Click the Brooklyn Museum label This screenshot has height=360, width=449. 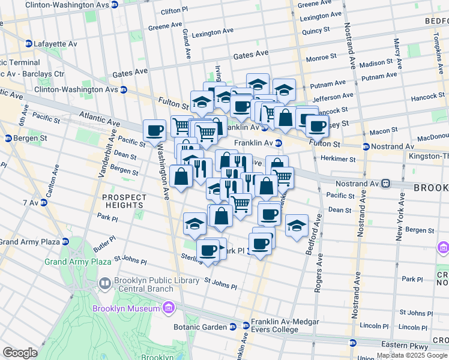point(125,309)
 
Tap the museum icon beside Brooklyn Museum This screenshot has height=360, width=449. point(169,309)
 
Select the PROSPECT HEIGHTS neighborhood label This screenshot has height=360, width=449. point(124,201)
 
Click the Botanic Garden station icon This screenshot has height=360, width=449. point(232,327)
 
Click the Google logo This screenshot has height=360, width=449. point(20,353)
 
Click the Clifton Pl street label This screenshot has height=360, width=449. point(174,11)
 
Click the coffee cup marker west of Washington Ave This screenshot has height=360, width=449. point(154,130)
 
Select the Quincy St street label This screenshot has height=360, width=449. point(317,30)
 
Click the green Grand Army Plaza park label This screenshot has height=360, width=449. point(78,262)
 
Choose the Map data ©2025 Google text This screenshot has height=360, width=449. point(412,355)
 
